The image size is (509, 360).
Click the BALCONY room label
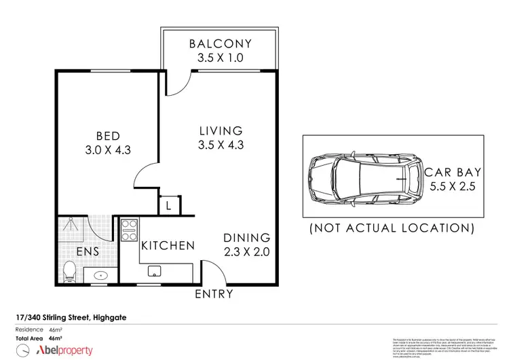click(x=220, y=43)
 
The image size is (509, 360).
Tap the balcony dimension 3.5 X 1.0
click(x=220, y=58)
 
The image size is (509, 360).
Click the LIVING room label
click(x=220, y=130)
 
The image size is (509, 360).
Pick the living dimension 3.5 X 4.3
click(x=220, y=145)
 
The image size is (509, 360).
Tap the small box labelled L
click(x=168, y=204)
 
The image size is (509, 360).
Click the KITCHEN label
click(x=168, y=245)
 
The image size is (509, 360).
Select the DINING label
click(x=248, y=238)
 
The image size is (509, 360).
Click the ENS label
click(x=88, y=251)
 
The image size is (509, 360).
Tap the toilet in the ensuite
click(x=68, y=272)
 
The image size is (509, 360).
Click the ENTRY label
click(x=214, y=294)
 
